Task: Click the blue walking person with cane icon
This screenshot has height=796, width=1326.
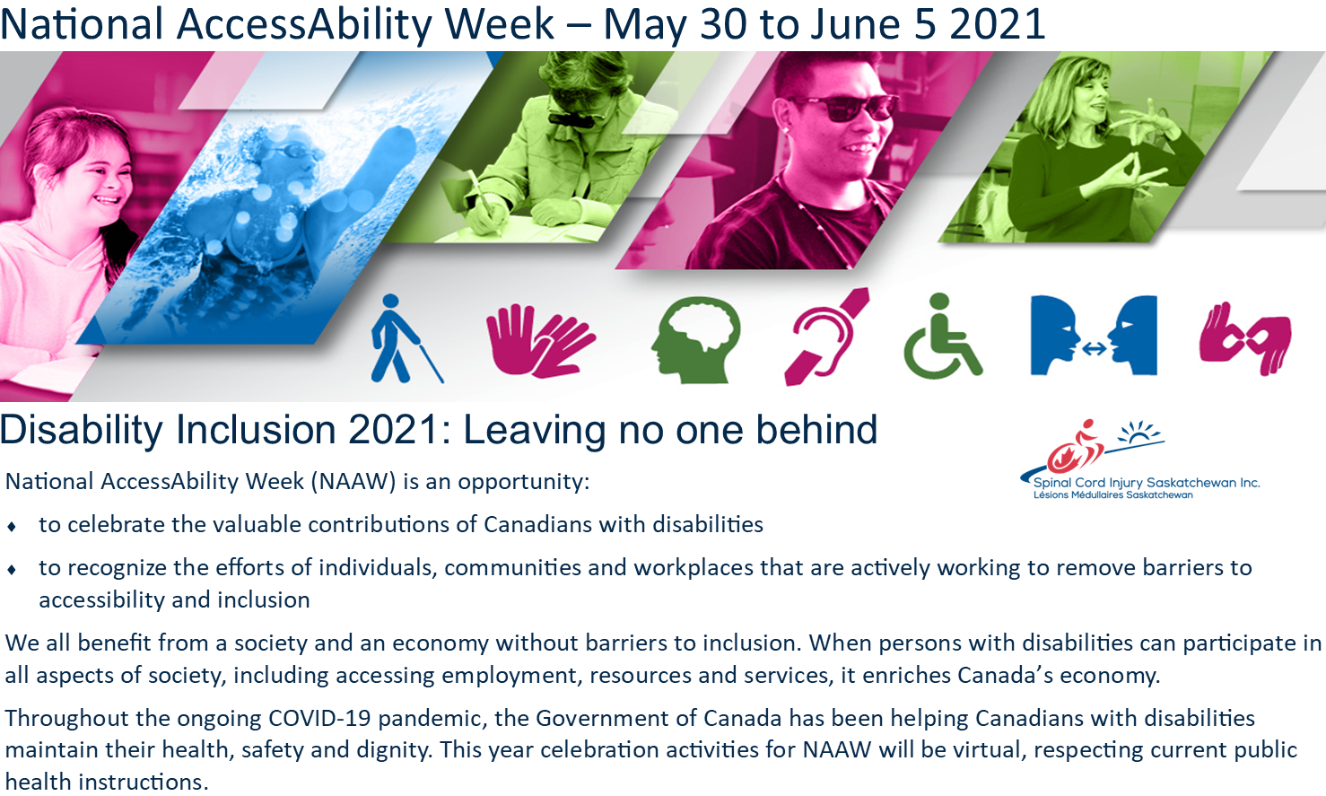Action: coord(404,338)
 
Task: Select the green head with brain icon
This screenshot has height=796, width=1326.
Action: coord(697,340)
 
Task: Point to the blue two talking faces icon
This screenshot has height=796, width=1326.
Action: coord(1094,336)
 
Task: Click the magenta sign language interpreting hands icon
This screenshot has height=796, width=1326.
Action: coord(1245,339)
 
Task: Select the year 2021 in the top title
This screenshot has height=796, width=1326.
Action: coord(997,23)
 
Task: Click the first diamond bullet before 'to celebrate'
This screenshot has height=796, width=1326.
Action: coord(12,526)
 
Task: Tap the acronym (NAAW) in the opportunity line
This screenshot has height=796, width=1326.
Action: coord(353,482)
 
